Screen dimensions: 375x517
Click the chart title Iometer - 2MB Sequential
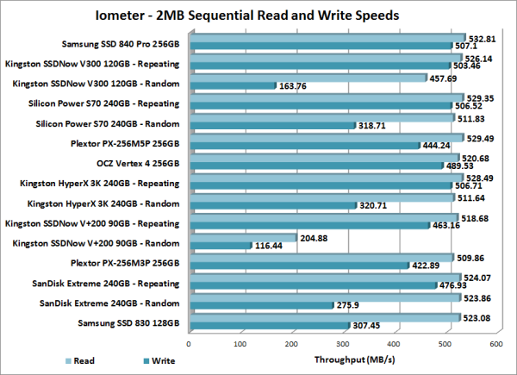(258, 14)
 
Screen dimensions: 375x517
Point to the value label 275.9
(352, 305)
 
